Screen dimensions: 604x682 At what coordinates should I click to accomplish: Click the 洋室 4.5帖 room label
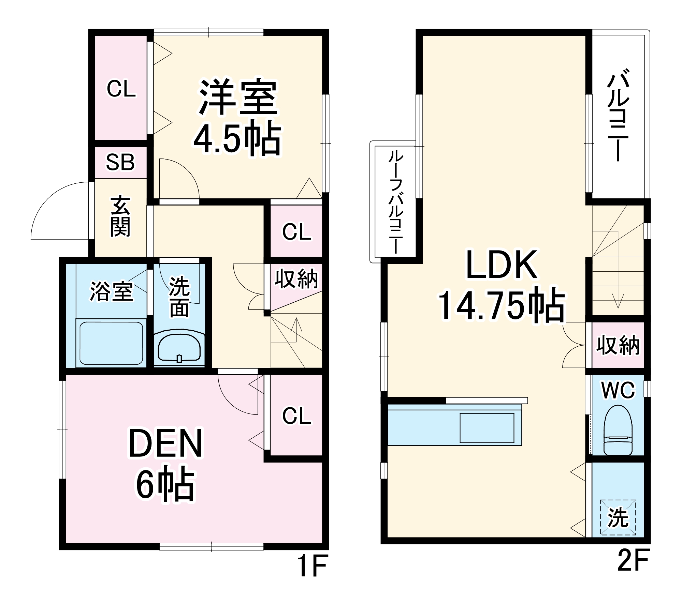click(x=238, y=118)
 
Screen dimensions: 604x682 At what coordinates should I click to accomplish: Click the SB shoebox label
click(x=120, y=162)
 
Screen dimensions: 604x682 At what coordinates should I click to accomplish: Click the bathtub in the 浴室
click(x=111, y=343)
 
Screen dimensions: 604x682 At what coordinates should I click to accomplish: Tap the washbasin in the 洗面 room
click(x=179, y=347)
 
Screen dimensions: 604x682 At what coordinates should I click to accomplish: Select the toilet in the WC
click(x=618, y=430)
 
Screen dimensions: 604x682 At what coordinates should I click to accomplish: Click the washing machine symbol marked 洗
click(x=618, y=517)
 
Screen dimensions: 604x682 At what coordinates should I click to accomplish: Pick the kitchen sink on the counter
click(x=487, y=427)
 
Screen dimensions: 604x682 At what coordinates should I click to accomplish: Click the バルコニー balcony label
click(x=618, y=115)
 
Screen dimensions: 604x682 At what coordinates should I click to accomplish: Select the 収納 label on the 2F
click(x=618, y=346)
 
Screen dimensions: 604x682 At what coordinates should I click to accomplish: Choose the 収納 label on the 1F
click(x=296, y=279)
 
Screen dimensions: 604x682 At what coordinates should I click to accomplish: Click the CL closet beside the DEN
click(x=296, y=416)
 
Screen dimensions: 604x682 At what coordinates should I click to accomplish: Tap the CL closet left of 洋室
click(x=121, y=89)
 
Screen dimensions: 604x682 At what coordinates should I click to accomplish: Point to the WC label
click(x=618, y=390)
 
